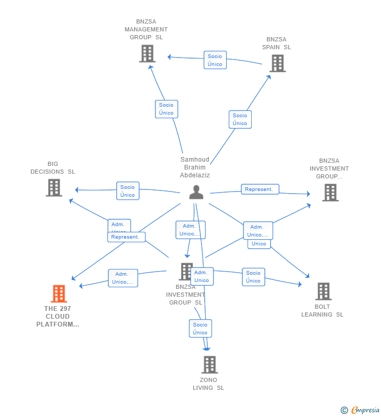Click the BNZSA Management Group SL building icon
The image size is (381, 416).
[147, 53]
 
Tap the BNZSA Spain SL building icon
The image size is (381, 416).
[277, 63]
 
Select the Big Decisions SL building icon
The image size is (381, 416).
[54, 187]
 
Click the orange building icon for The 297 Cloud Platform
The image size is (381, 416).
[59, 294]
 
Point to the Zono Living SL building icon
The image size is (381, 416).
[209, 365]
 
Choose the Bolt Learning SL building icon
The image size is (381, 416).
[323, 291]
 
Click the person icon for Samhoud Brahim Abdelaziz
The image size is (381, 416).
[196, 192]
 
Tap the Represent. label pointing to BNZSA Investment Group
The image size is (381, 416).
[260, 189]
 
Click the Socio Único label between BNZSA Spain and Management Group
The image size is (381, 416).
[215, 60]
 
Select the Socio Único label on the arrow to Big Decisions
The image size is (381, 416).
[127, 191]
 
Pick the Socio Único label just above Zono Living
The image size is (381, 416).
[200, 329]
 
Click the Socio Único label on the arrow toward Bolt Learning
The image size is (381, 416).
[253, 277]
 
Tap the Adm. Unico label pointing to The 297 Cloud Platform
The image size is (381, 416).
[123, 278]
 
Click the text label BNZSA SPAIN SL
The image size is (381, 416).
[276, 43]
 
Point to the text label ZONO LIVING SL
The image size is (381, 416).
[208, 384]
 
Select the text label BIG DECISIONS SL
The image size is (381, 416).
[53, 167]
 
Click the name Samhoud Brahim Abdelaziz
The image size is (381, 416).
[195, 167]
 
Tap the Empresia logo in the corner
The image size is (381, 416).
[361, 410]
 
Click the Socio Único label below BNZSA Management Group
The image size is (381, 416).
[166, 109]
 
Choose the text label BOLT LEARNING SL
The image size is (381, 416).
[322, 310]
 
